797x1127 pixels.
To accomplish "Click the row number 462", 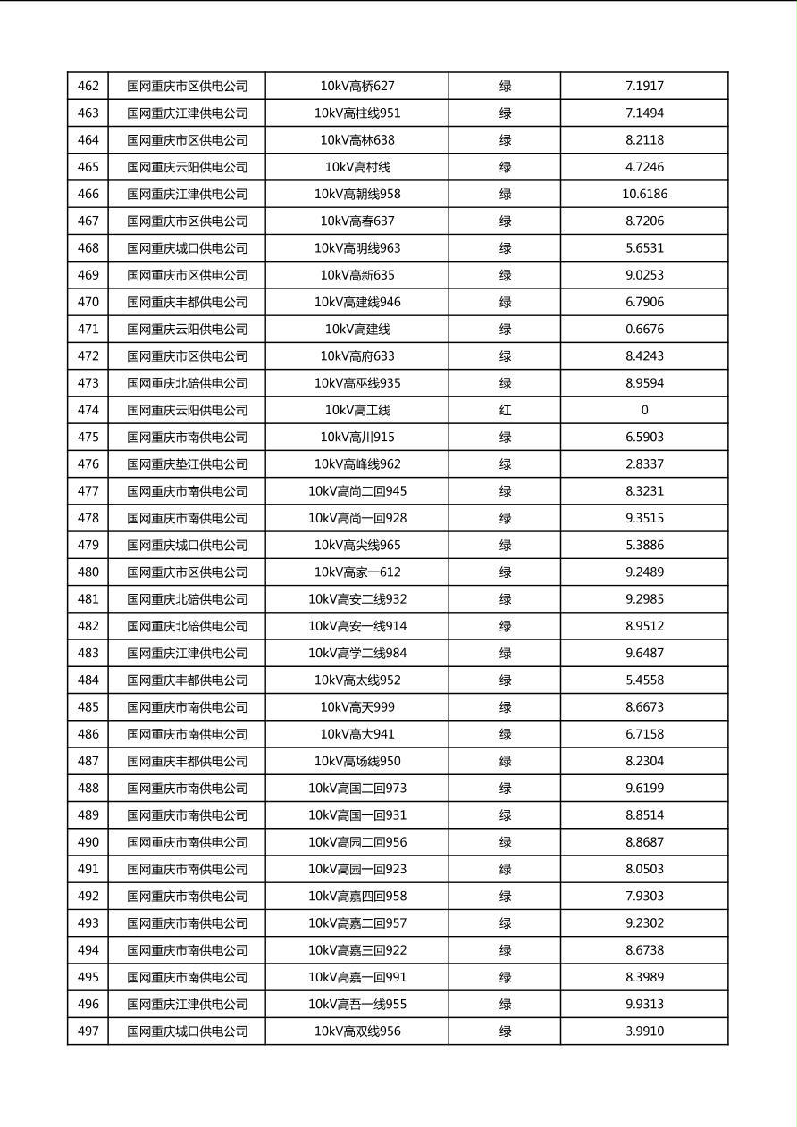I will [x=88, y=87].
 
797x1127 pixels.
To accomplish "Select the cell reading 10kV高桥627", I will [x=357, y=87].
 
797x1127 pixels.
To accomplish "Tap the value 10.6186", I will [x=644, y=194].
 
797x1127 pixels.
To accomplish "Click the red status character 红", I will [x=505, y=410].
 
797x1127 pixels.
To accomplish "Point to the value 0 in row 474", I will [x=644, y=410].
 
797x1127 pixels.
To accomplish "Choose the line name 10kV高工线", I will [x=357, y=410].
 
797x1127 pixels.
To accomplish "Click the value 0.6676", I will [x=644, y=329].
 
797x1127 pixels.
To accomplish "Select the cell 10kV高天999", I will [x=357, y=707].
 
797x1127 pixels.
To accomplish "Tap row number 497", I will [x=88, y=1031].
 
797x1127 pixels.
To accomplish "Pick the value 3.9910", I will [x=644, y=1031].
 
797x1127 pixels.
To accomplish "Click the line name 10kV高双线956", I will [x=357, y=1031].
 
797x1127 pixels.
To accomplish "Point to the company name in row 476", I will [x=187, y=464].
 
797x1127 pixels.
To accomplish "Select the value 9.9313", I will [x=644, y=1004].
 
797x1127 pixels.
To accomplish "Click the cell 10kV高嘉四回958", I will [x=357, y=896].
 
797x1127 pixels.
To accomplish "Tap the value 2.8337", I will [x=644, y=464].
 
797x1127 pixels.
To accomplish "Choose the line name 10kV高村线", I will [x=357, y=167].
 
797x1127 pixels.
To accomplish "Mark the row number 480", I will [x=88, y=572].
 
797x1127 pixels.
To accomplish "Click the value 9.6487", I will [x=644, y=653].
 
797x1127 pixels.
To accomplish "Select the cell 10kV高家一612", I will [x=357, y=572].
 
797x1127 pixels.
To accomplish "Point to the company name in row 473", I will [x=187, y=383].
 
